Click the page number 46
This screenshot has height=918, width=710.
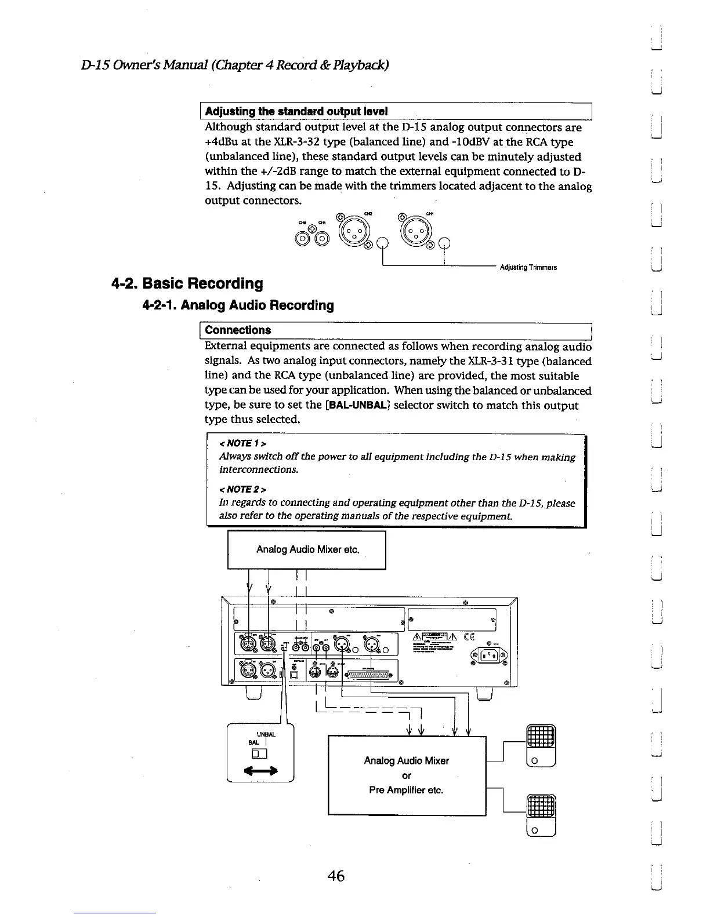[336, 876]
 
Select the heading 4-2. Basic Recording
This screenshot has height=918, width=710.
[187, 283]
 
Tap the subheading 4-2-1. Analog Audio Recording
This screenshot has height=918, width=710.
[238, 305]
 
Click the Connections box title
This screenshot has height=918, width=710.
[238, 330]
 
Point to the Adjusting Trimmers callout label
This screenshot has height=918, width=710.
[528, 268]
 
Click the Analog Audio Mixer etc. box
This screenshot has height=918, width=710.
[307, 549]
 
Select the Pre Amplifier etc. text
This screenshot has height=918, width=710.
[406, 790]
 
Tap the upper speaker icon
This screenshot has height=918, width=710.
[541, 746]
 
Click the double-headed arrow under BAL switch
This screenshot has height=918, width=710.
[260, 771]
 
